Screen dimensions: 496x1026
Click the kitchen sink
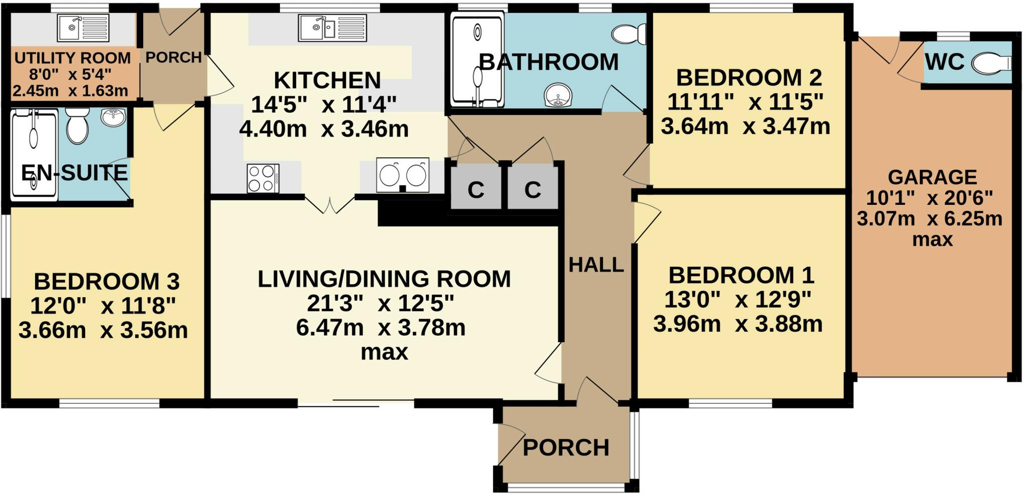pos(333,28)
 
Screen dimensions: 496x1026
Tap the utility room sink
pos(83,28)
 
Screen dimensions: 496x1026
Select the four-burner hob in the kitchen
pos(263,178)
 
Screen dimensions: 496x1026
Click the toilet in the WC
pos(991,64)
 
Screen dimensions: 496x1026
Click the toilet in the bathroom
pos(629,34)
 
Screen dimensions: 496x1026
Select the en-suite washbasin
pos(114,117)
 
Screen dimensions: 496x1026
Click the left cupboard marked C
pos(476,189)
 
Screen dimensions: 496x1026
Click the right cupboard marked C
pos(533,189)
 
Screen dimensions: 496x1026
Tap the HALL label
pos(596,265)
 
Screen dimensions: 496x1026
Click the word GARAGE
pos(932,177)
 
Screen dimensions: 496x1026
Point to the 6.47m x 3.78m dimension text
pos(381,328)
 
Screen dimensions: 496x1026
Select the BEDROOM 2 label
pos(748,78)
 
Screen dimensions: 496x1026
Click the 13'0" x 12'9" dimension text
pos(737,300)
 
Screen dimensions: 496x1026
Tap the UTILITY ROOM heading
pos(73,58)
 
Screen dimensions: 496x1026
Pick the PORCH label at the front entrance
pos(566,447)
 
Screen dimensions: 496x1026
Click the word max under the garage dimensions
pos(932,239)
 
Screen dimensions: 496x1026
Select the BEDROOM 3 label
pos(106,282)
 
